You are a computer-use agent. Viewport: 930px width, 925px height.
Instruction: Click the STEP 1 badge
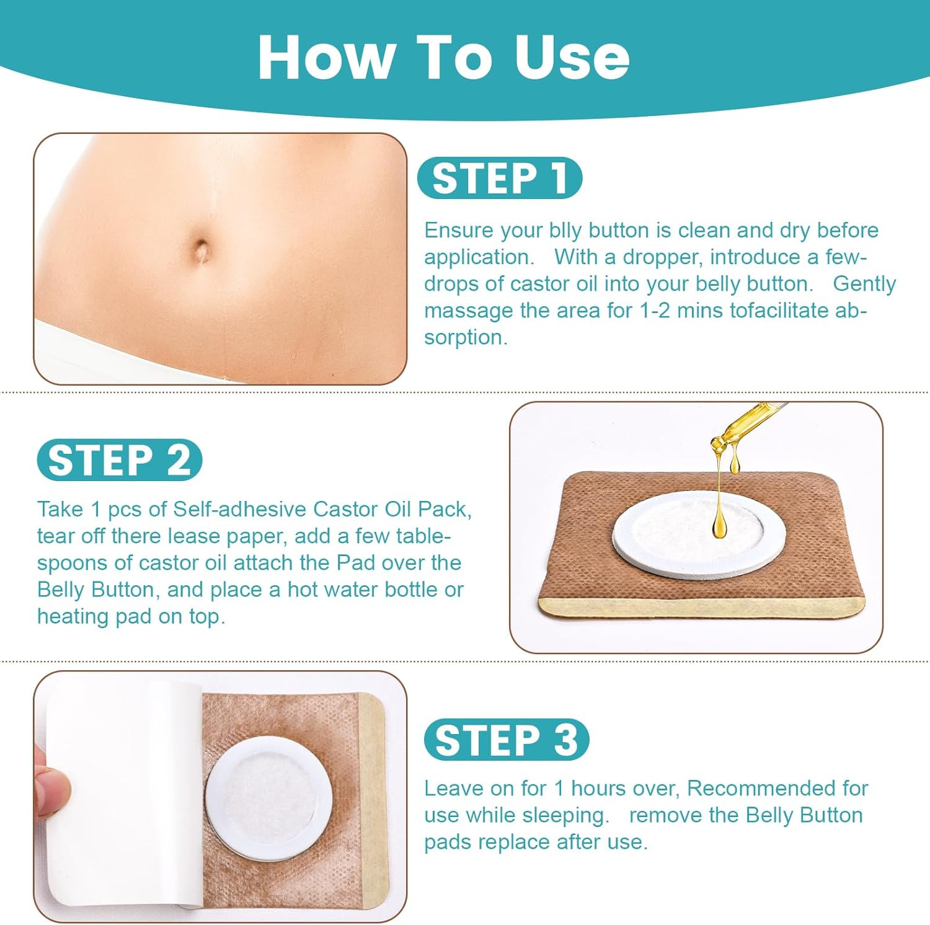(x=500, y=179)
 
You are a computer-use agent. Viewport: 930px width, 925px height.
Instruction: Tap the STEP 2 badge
(x=120, y=460)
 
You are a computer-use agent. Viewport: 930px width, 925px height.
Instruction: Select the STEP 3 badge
(x=506, y=740)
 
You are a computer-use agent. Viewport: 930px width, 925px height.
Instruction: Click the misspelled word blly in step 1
(x=565, y=231)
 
